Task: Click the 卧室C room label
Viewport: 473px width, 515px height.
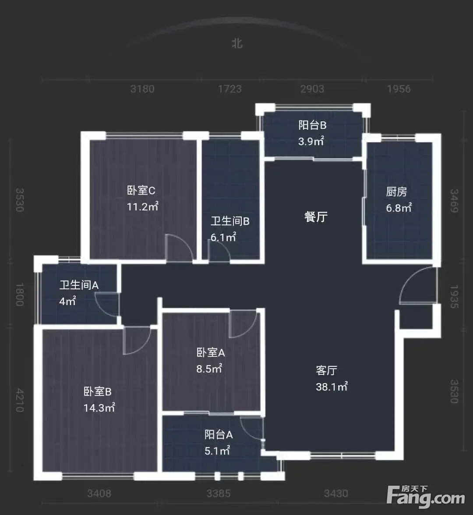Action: point(141,191)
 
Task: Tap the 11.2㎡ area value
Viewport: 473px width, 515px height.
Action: point(143,206)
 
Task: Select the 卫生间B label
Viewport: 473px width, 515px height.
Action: point(230,221)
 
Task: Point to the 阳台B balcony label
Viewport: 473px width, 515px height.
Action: point(313,125)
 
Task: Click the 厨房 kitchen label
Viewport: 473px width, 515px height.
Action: point(396,192)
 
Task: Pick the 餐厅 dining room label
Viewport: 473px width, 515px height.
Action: point(316,217)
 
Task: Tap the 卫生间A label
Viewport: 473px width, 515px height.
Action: point(79,285)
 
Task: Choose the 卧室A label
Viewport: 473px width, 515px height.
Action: point(211,352)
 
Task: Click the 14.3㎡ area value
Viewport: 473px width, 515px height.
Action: point(99,408)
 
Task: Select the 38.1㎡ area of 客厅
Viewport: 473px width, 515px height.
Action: point(332,387)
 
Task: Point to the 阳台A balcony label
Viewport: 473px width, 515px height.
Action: point(219,434)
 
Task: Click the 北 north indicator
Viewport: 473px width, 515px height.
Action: point(237,43)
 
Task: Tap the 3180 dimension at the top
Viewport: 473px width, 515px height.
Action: point(142,89)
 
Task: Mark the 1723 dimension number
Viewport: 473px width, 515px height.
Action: point(230,89)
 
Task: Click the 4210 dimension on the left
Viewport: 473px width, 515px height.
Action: point(20,400)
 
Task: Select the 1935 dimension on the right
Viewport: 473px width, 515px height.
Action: point(454,297)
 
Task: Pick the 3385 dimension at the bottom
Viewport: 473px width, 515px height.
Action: point(219,494)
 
